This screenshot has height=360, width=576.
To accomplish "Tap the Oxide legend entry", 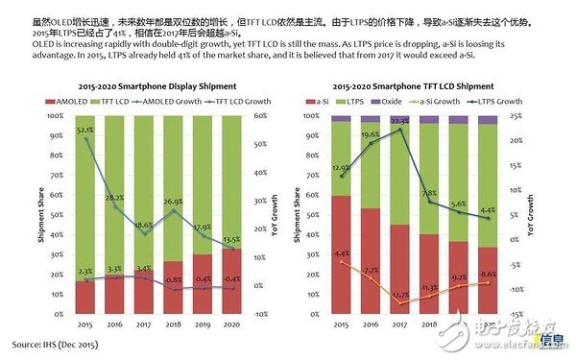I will point(392,100).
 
